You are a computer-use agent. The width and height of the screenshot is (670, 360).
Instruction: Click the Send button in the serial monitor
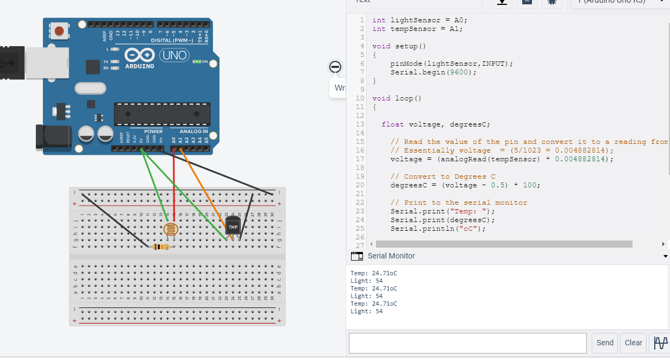tap(605, 343)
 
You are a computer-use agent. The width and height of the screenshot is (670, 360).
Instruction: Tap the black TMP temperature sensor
tap(233, 226)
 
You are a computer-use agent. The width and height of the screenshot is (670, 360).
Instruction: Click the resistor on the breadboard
tap(161, 247)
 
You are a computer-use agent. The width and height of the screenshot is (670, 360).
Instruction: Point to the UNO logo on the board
tap(174, 55)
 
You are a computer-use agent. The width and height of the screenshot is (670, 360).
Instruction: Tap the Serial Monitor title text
tap(391, 256)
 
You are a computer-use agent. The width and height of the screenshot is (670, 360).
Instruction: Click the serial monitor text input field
tap(467, 343)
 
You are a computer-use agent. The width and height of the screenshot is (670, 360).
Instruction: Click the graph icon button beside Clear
tap(660, 343)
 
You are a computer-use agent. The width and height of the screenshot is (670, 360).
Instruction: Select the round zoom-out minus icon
tap(335, 67)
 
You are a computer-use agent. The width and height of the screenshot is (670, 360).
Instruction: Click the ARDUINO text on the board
tap(140, 66)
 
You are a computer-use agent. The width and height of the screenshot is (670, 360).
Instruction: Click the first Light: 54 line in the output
tap(366, 281)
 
